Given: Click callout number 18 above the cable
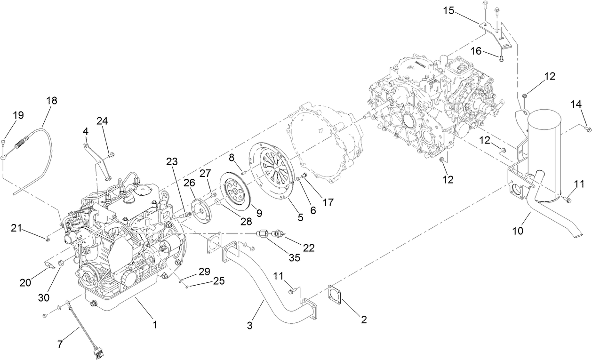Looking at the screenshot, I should tap(52, 101).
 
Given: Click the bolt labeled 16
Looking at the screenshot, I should tap(501, 59).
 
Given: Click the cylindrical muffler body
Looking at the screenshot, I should tap(546, 155).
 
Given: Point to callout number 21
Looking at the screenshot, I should tap(17, 228).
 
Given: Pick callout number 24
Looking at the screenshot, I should tap(102, 121).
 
